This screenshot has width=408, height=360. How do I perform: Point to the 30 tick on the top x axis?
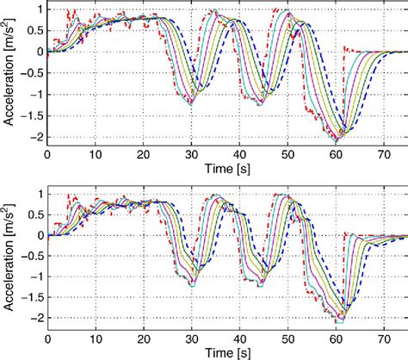(x=191, y=153)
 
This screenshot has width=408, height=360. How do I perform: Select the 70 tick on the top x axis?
(x=383, y=153)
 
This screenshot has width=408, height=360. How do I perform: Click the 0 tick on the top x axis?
(x=47, y=153)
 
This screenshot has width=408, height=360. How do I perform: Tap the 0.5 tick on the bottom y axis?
(x=34, y=214)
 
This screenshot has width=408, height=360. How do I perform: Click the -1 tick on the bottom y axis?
(x=35, y=277)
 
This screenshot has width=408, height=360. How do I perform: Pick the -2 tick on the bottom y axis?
(x=35, y=320)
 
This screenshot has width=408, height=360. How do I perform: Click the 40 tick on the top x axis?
(x=239, y=153)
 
